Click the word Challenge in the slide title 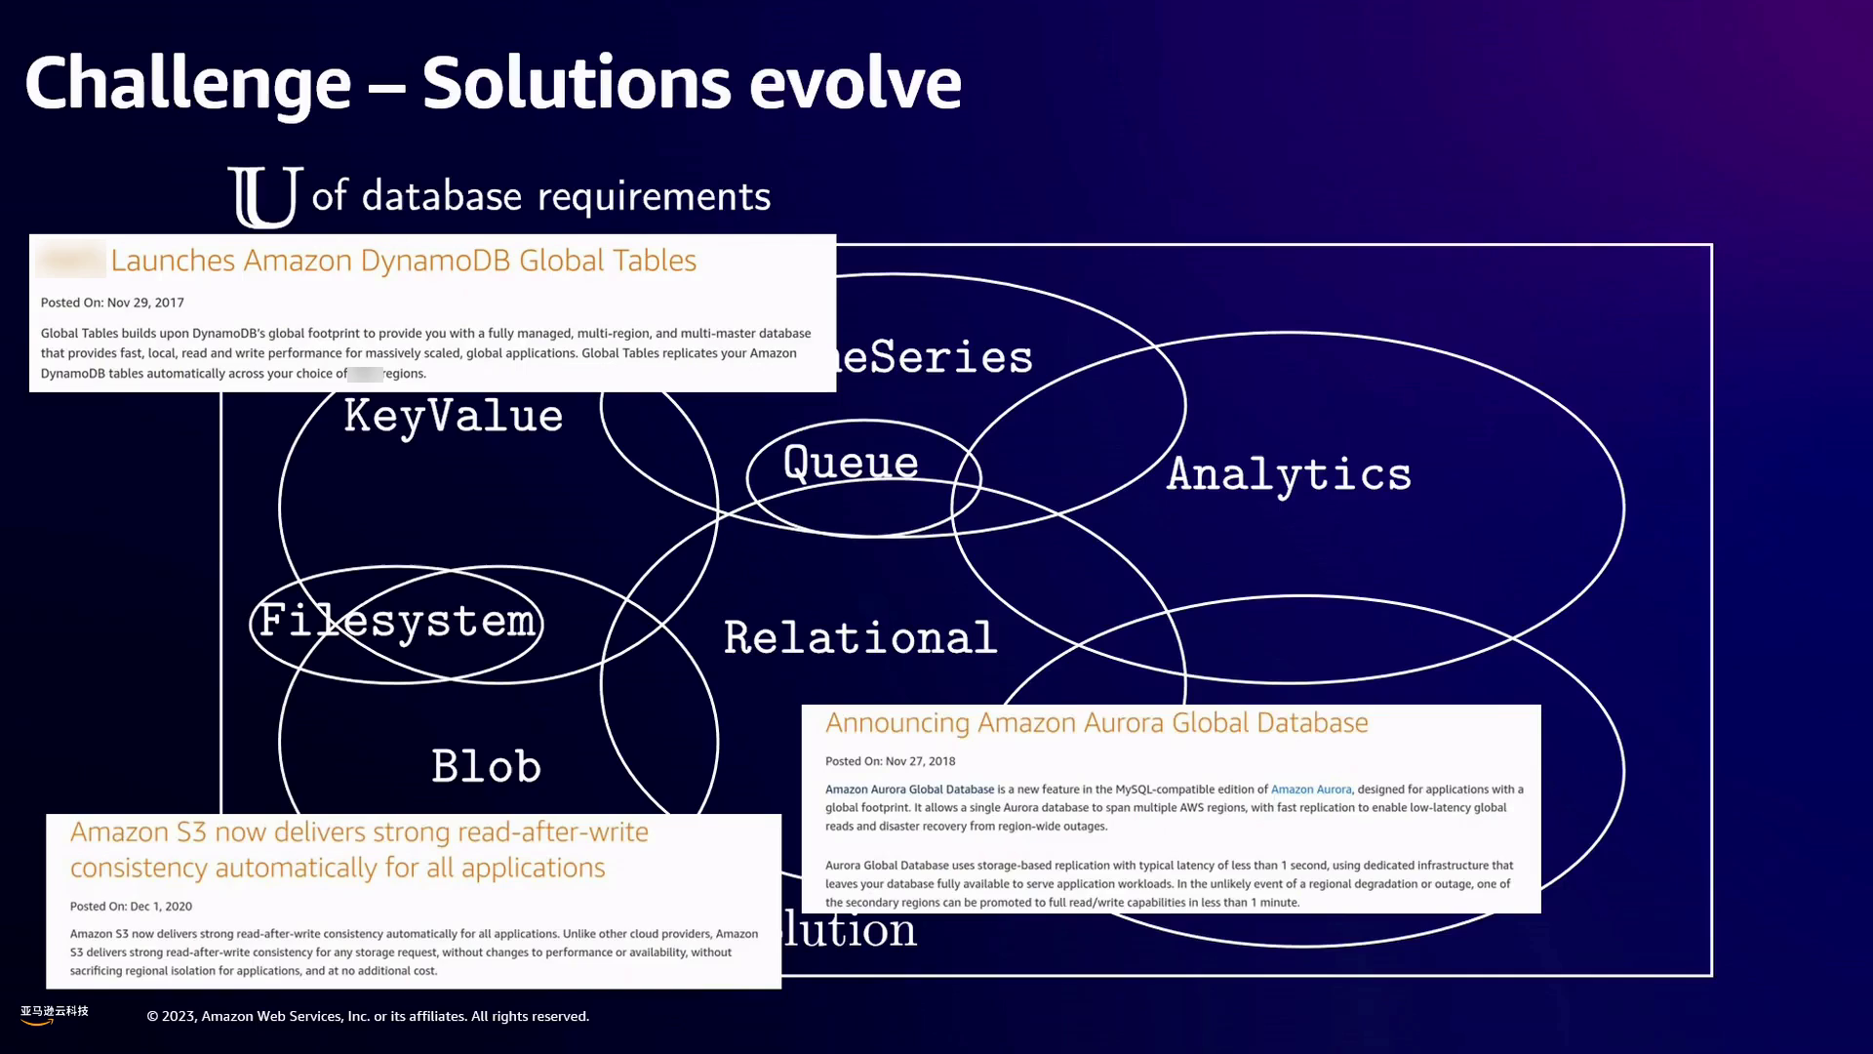pyautogui.click(x=187, y=84)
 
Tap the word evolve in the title pyautogui.click(x=855, y=84)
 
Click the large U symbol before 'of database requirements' pyautogui.click(x=264, y=197)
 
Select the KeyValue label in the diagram pyautogui.click(x=454, y=417)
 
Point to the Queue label pyautogui.click(x=851, y=463)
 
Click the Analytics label pyautogui.click(x=1289, y=475)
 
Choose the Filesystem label pyautogui.click(x=397, y=622)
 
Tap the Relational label pyautogui.click(x=859, y=638)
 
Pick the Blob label pyautogui.click(x=486, y=767)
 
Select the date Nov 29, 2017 pyautogui.click(x=145, y=303)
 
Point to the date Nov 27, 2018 pyautogui.click(x=920, y=761)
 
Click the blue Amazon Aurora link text pyautogui.click(x=1311, y=790)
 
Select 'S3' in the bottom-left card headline pyautogui.click(x=191, y=832)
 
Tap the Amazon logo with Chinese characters pyautogui.click(x=54, y=1014)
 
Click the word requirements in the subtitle pyautogui.click(x=654, y=197)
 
